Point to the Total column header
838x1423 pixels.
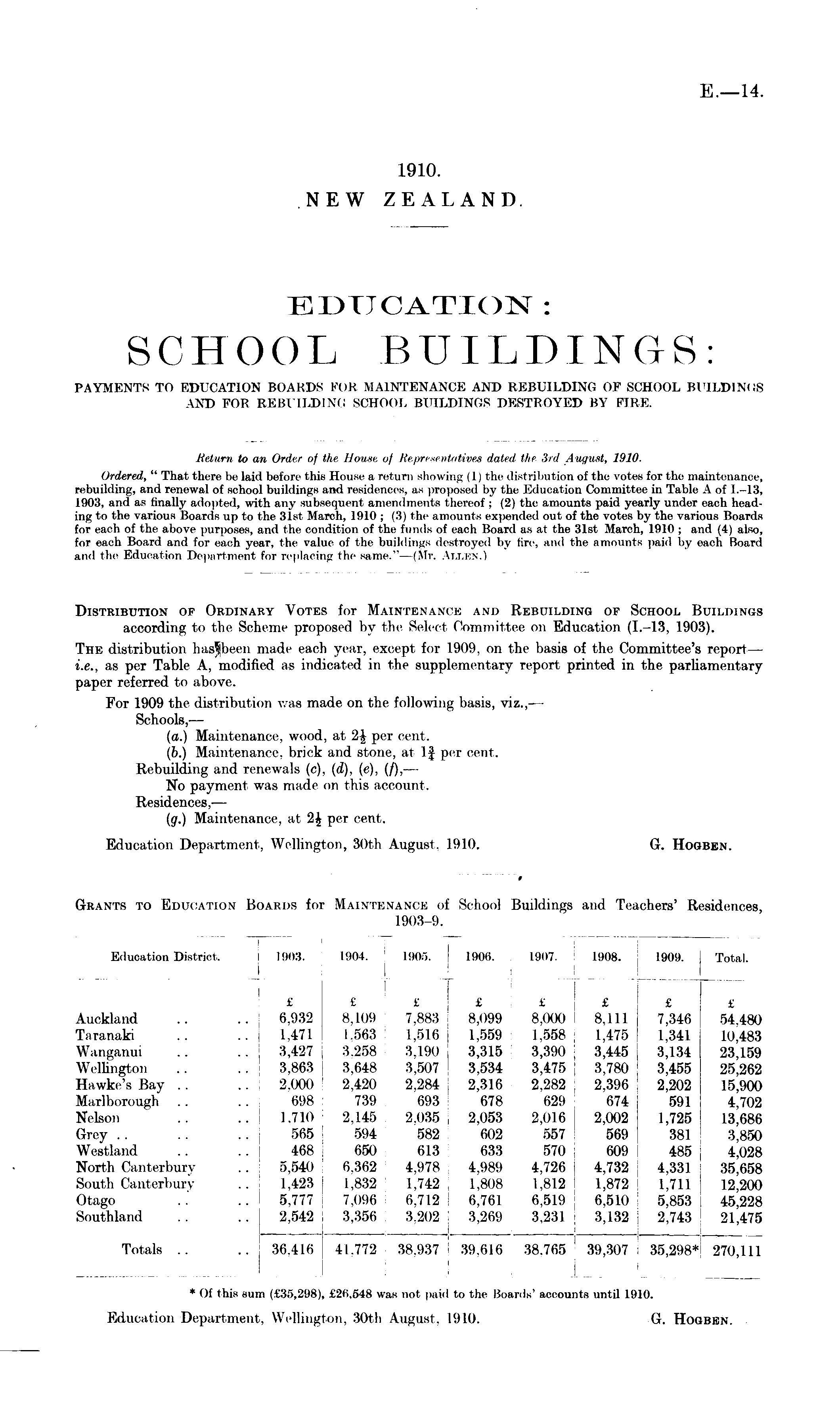coord(732,958)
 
